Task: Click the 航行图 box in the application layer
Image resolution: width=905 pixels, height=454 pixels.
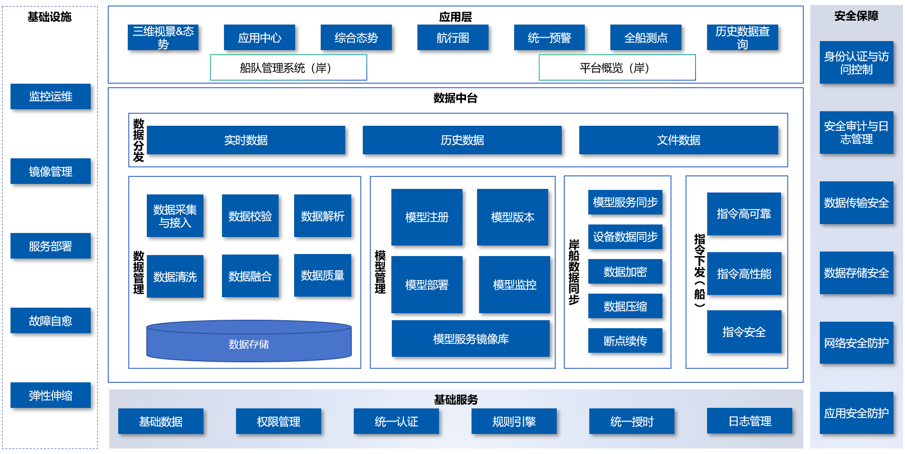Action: pos(452,38)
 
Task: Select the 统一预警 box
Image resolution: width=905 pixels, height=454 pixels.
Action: pos(549,38)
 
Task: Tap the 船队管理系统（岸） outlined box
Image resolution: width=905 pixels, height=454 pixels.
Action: pos(288,68)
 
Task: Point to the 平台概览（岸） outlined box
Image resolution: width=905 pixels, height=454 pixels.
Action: pos(617,68)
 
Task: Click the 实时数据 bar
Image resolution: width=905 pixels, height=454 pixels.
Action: pos(246,140)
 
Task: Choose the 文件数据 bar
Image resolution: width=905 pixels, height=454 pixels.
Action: pos(678,140)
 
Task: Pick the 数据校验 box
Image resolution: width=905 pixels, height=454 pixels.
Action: pos(250,216)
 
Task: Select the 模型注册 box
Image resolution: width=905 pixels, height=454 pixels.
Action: pos(426,217)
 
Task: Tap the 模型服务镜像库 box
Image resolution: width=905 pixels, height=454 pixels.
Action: pos(471,339)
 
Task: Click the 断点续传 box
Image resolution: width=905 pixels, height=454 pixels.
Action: pos(625,341)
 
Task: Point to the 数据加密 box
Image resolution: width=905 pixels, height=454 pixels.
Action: pos(625,272)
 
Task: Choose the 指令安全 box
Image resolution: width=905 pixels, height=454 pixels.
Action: pos(744,332)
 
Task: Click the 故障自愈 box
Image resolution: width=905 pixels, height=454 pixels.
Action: pos(51,321)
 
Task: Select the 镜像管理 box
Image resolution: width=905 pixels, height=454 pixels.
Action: pos(51,171)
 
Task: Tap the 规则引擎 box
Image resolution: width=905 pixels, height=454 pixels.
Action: pos(514,421)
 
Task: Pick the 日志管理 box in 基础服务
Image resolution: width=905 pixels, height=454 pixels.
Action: pos(749,421)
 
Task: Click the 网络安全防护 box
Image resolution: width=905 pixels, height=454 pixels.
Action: pos(856,343)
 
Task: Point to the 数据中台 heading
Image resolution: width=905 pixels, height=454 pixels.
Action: pos(455,98)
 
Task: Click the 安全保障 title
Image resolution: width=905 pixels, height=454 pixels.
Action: pos(856,16)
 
